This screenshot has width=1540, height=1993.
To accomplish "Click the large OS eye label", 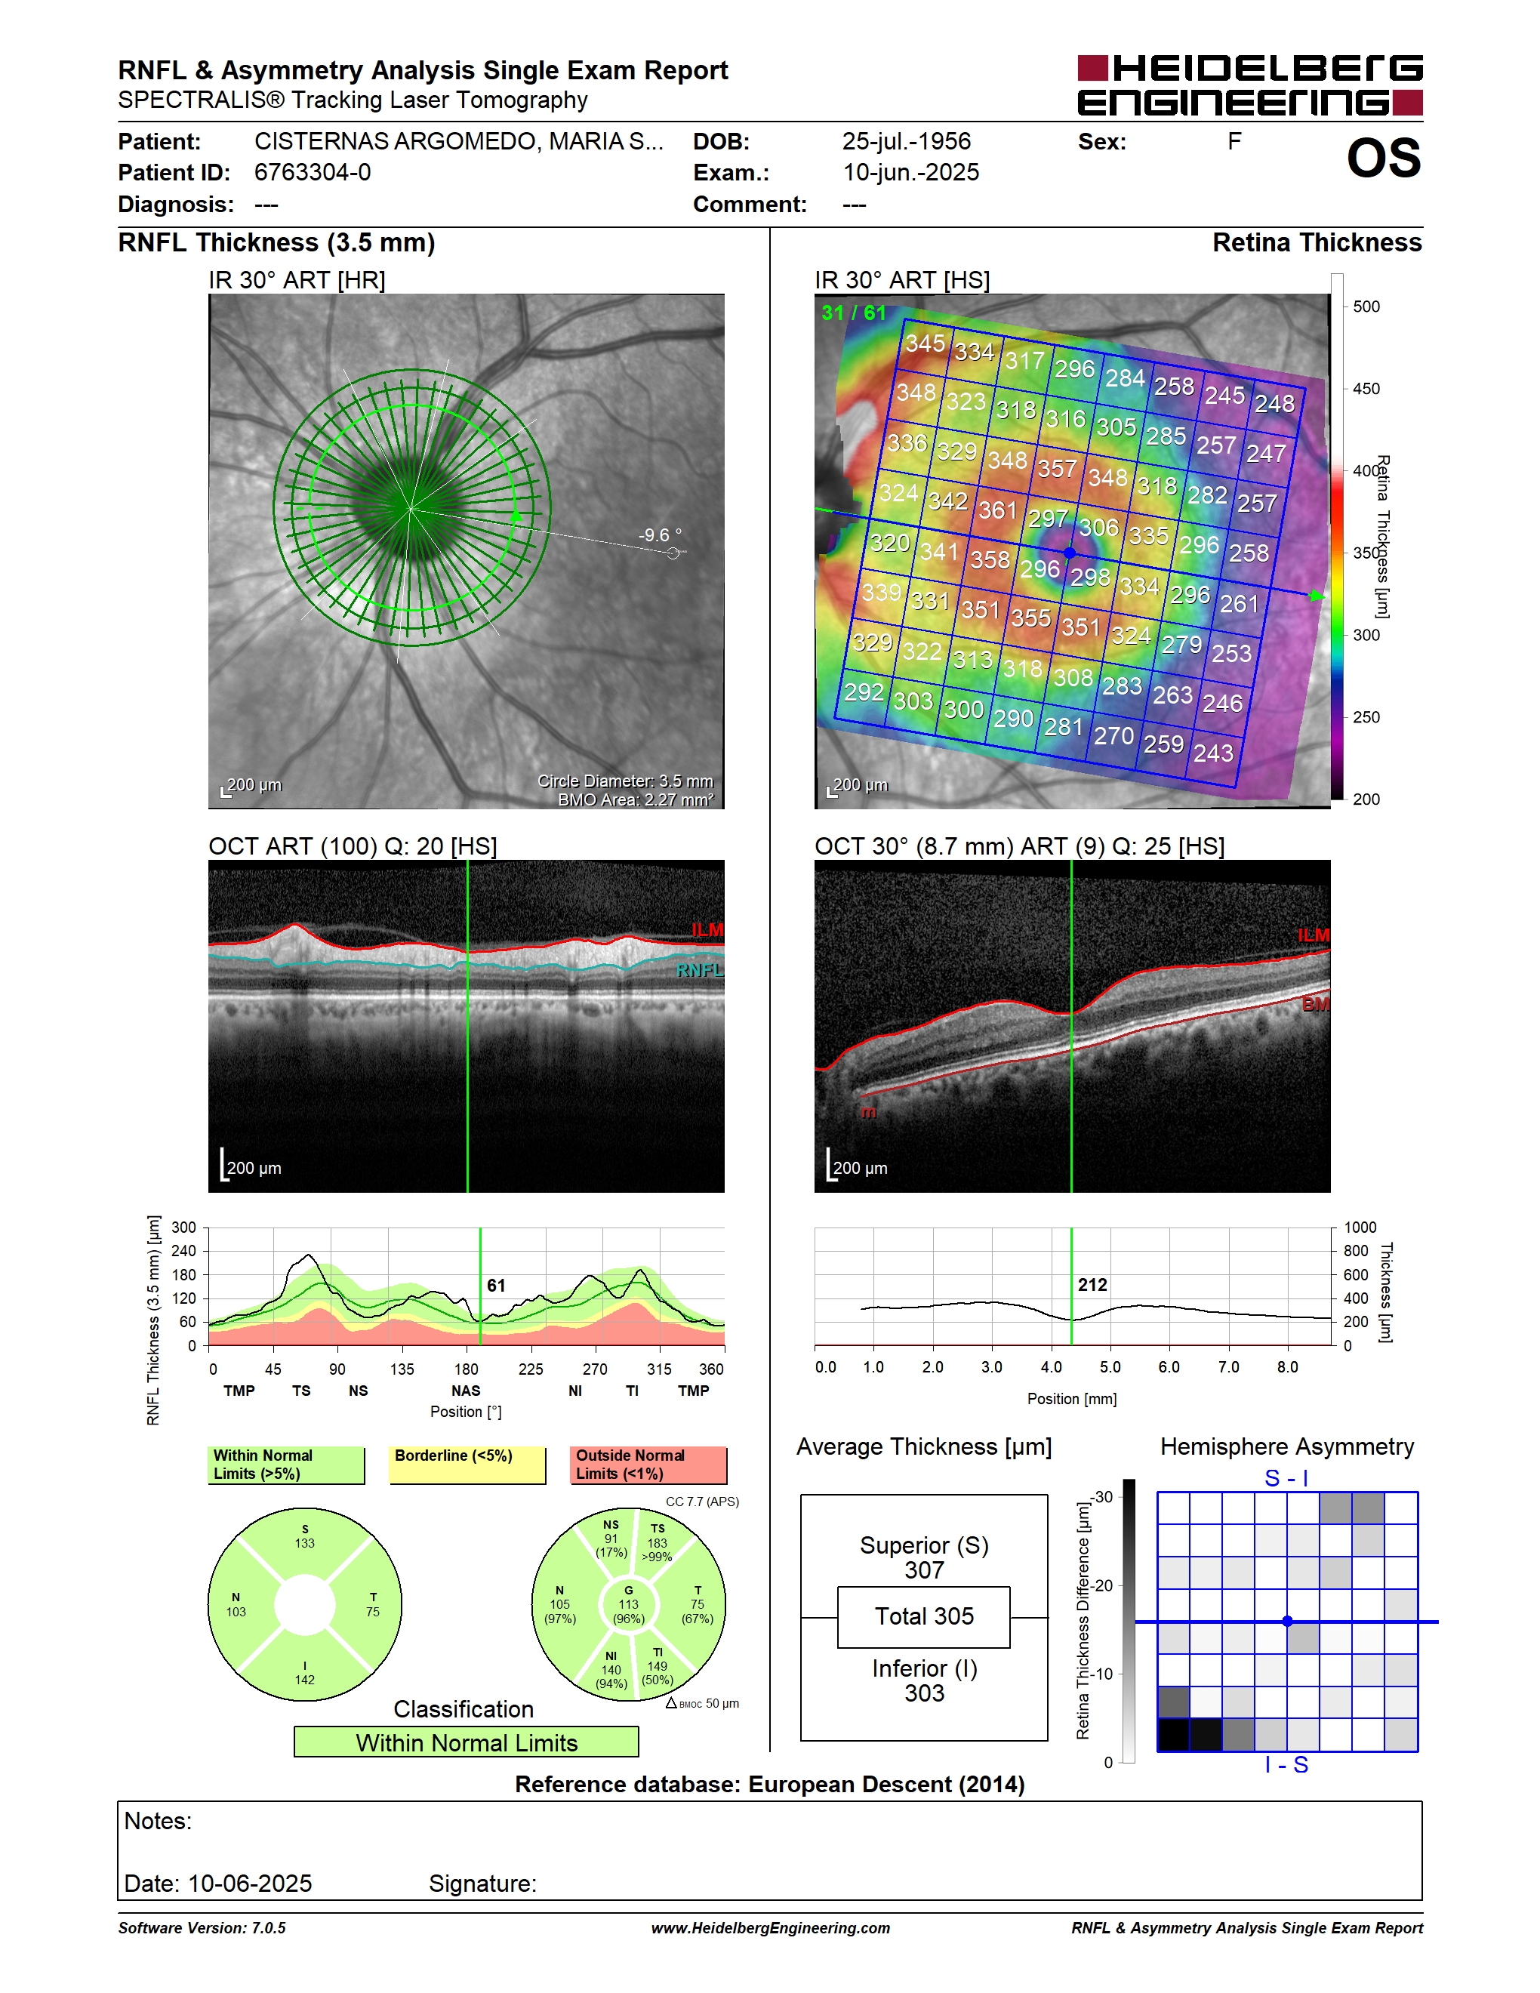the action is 1383,158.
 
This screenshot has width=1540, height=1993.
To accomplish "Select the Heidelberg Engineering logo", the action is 1250,85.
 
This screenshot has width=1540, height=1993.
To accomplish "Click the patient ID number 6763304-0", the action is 312,172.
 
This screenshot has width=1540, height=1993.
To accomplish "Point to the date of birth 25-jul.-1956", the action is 906,141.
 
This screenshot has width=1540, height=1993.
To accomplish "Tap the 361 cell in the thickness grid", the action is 997,510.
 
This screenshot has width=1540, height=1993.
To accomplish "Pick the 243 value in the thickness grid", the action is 1213,753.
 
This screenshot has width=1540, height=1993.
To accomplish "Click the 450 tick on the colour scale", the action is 1366,389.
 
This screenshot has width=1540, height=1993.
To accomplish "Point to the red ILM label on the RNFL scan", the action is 707,930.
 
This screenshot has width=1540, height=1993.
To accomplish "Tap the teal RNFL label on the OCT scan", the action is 700,970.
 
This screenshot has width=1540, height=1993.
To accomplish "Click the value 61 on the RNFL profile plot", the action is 495,1285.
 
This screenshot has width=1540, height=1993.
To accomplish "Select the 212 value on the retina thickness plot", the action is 1092,1285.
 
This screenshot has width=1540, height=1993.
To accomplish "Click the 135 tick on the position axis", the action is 402,1369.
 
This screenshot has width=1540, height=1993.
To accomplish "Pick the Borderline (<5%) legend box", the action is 467,1465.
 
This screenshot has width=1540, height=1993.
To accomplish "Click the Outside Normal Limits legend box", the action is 648,1465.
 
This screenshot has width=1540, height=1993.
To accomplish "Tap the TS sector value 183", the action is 657,1543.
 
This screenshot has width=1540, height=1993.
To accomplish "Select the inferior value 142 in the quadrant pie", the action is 305,1680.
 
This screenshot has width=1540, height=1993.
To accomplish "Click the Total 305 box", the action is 923,1617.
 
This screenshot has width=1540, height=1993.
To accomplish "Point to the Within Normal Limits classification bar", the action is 467,1742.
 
